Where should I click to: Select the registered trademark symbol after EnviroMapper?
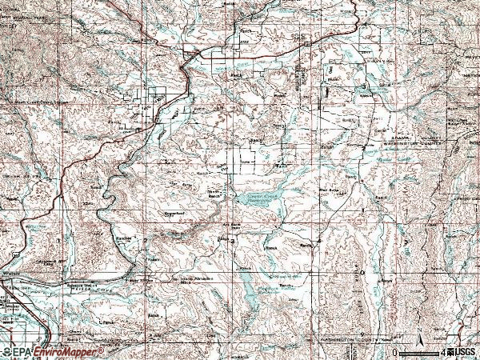coord(102,349)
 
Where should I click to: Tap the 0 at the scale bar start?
coord(395,352)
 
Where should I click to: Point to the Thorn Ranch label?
coord(214,193)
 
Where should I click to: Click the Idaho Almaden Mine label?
coord(186,280)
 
